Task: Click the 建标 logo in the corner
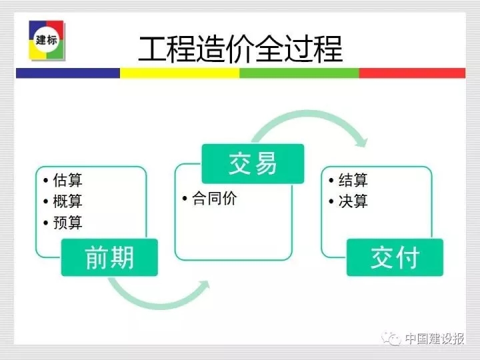tap(47, 40)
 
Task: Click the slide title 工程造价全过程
tap(240, 49)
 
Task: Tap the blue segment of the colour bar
tap(68, 73)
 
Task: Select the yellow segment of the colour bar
tap(180, 73)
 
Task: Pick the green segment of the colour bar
tap(299, 73)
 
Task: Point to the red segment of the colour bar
tap(413, 73)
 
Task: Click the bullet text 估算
tap(67, 180)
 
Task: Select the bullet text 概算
tap(67, 201)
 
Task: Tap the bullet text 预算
tap(67, 223)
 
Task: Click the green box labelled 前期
tap(109, 257)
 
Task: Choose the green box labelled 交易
tap(253, 164)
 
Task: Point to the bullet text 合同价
tap(214, 199)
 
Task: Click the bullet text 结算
tap(353, 180)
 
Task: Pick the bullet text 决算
tap(353, 201)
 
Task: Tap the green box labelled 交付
tap(395, 257)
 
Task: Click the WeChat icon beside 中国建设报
tap(391, 338)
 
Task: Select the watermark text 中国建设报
tap(435, 339)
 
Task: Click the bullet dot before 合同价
tap(185, 199)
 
